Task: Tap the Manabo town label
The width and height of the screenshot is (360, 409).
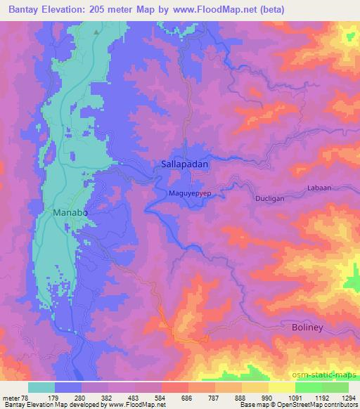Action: point(70,211)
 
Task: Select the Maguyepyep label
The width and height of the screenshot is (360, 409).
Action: point(191,192)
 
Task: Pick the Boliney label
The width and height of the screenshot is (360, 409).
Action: point(309,328)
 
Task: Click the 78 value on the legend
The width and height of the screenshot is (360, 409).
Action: point(27,398)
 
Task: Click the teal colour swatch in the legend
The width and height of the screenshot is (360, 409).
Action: point(42,387)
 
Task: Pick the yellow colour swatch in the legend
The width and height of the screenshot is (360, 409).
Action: point(283,387)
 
